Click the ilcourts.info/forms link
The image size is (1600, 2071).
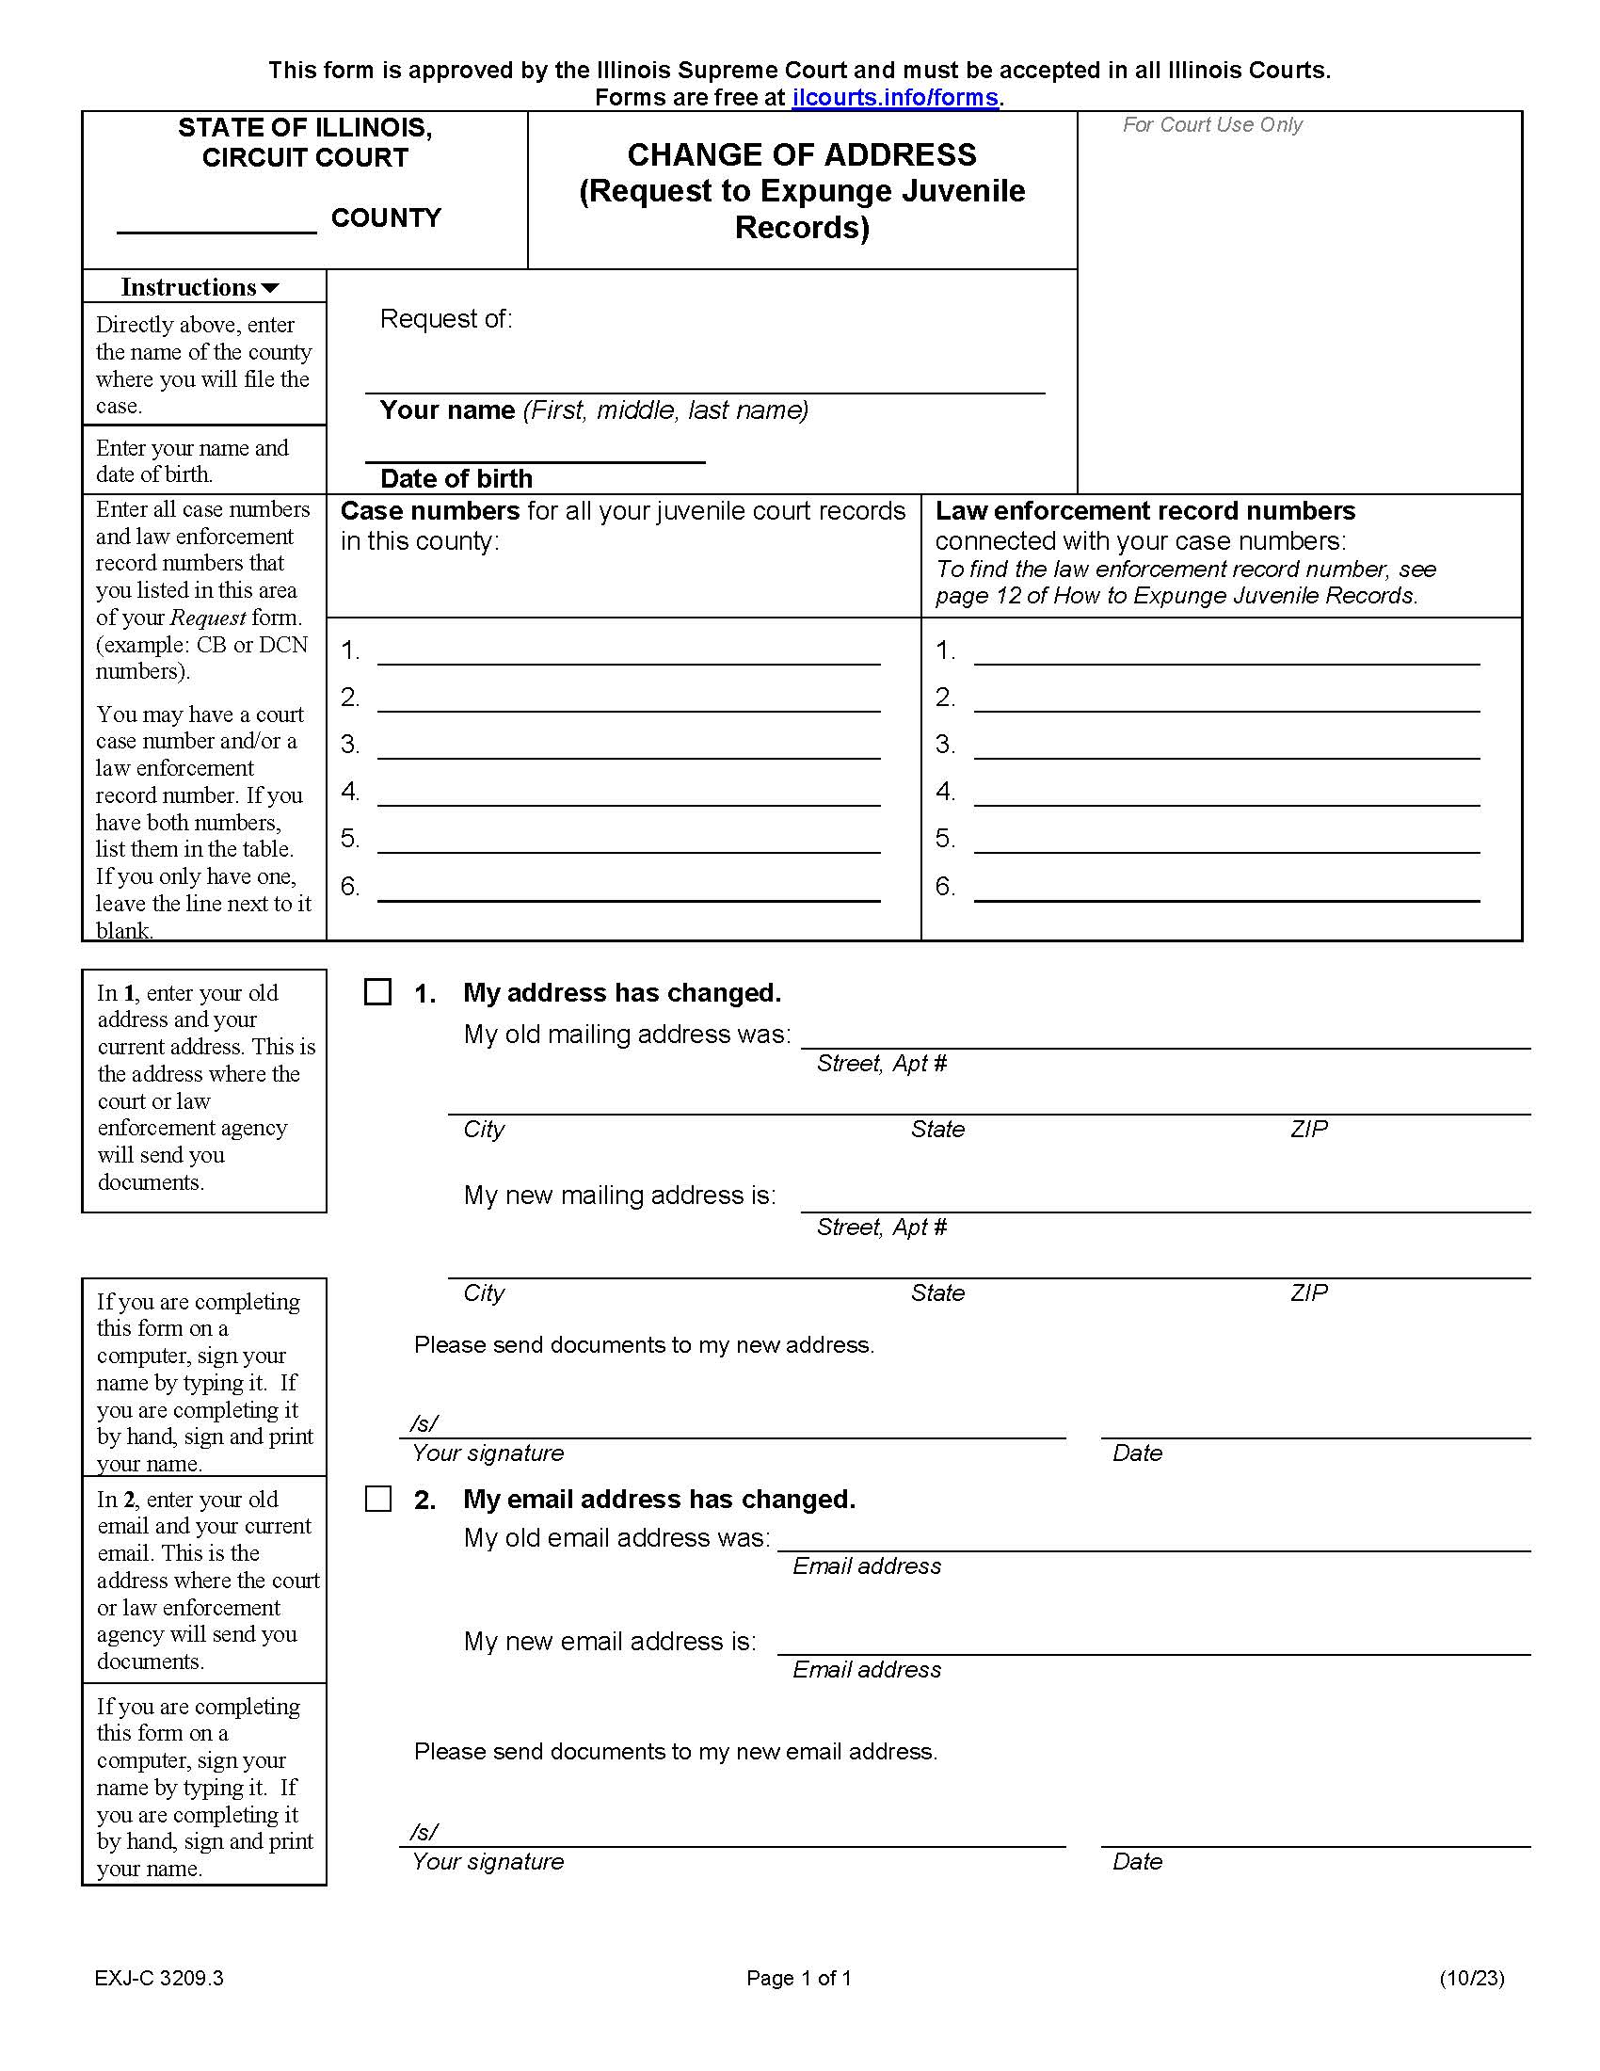(x=895, y=98)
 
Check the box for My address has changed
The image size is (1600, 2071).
(x=378, y=992)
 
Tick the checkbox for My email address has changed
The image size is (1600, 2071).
(x=378, y=1499)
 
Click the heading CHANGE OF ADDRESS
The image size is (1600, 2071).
(x=801, y=154)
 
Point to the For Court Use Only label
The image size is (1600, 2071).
(x=1211, y=125)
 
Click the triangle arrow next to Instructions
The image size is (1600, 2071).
(x=270, y=288)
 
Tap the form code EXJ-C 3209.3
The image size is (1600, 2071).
(x=159, y=1977)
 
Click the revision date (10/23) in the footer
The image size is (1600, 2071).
(x=1471, y=1977)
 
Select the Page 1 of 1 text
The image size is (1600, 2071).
(x=798, y=1977)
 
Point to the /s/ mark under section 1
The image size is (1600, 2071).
(x=424, y=1423)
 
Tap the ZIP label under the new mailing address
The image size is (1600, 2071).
(x=1308, y=1292)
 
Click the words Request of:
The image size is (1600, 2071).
(x=445, y=318)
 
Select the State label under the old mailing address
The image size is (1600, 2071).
(x=937, y=1129)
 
